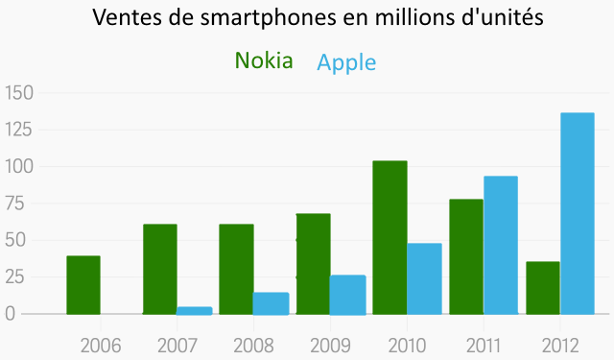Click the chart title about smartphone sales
pyautogui.click(x=324, y=18)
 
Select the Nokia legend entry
pyautogui.click(x=264, y=60)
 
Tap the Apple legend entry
pyautogui.click(x=346, y=63)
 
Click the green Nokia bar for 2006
pyautogui.click(x=83, y=285)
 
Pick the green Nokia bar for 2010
pyautogui.click(x=390, y=237)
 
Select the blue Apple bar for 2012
pyautogui.click(x=578, y=213)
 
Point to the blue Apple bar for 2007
pyautogui.click(x=195, y=310)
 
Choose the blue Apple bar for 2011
pyautogui.click(x=501, y=245)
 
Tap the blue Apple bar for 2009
pyautogui.click(x=347, y=295)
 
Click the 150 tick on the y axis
pyautogui.click(x=19, y=93)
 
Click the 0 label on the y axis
pyautogui.click(x=11, y=314)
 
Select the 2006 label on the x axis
pyautogui.click(x=101, y=345)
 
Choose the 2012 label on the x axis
pyautogui.click(x=560, y=345)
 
